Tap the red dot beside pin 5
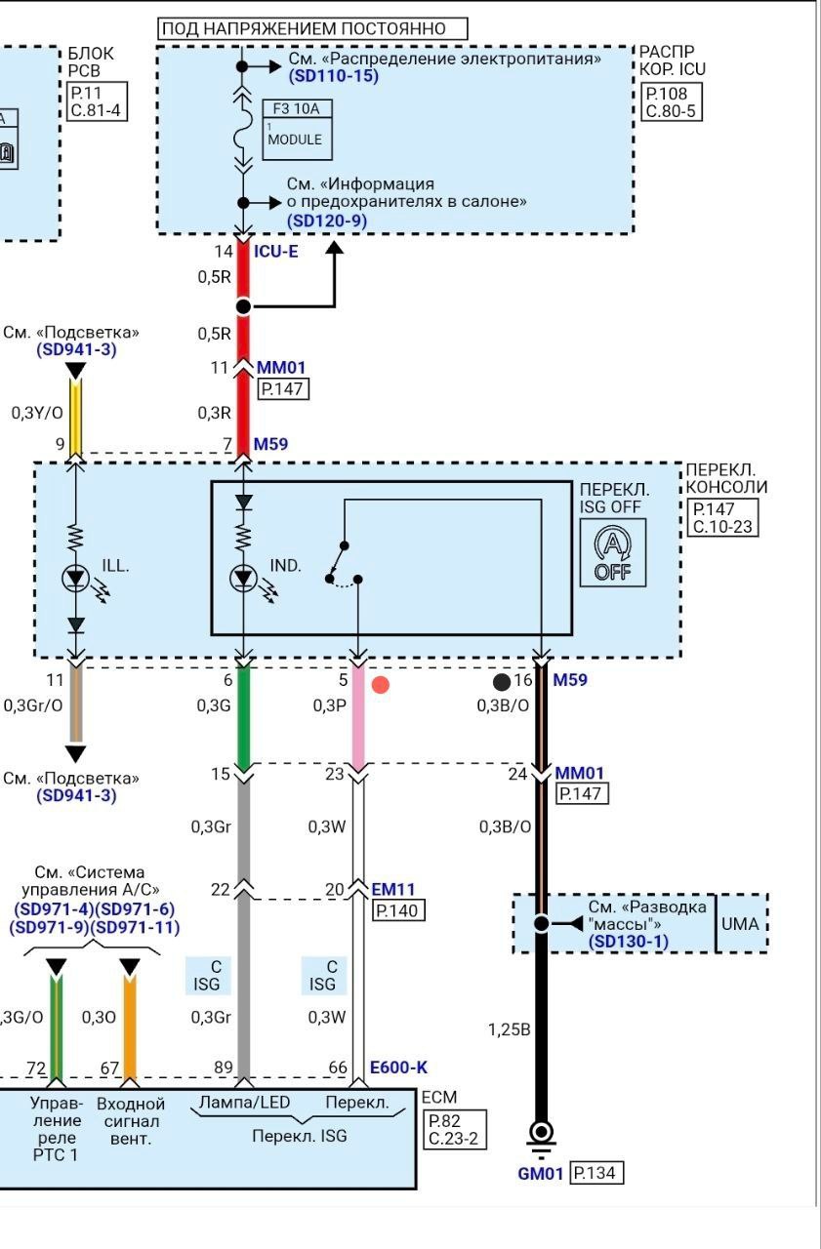(x=381, y=685)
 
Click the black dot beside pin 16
(x=502, y=681)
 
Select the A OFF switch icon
(x=613, y=552)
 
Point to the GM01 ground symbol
(x=541, y=1141)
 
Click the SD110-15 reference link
(x=334, y=76)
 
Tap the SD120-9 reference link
(x=327, y=221)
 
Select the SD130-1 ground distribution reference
(x=628, y=942)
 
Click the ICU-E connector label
(x=276, y=252)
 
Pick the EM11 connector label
(x=393, y=889)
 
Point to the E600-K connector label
(x=398, y=1068)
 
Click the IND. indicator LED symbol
(x=244, y=579)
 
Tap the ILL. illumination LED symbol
(x=76, y=579)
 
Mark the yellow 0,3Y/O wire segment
(x=76, y=416)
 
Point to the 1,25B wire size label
(x=510, y=1029)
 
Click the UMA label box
(x=740, y=924)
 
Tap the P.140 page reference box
(x=398, y=910)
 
